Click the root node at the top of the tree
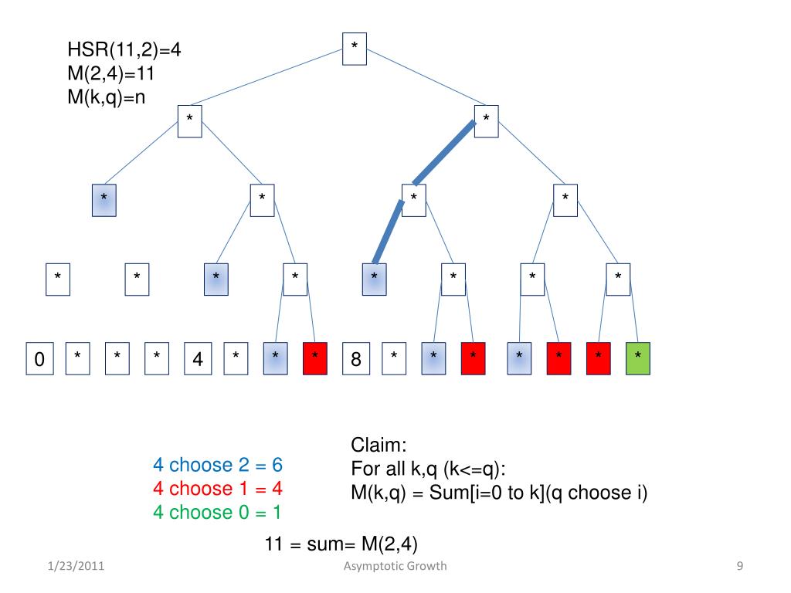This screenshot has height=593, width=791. coord(355,48)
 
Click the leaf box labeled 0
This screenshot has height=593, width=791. coord(39,358)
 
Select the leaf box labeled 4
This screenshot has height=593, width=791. coord(197,358)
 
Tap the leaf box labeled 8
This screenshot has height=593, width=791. coord(355,358)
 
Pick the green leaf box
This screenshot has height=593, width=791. coord(637,358)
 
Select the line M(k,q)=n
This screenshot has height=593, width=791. coord(111,97)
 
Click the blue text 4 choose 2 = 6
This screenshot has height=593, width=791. coord(218,466)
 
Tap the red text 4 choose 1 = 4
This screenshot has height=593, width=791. coord(218,489)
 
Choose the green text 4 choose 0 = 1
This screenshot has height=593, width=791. coord(218,512)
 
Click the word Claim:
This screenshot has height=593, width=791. coord(379,446)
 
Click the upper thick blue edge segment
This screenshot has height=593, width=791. coord(443,153)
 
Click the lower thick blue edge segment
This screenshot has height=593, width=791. coord(388,232)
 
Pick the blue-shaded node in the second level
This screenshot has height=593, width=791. coord(104,201)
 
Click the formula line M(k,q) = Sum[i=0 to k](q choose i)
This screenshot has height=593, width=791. coord(498,493)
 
